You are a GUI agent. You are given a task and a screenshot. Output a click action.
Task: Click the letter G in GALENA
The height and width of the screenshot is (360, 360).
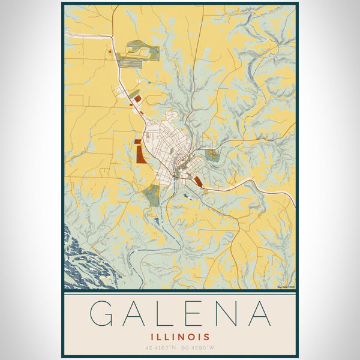[105, 313]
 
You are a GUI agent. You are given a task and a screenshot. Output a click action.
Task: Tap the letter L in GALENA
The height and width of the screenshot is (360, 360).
[166, 313]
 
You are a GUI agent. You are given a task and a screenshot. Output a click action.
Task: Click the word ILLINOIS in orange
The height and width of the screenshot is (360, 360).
[180, 337]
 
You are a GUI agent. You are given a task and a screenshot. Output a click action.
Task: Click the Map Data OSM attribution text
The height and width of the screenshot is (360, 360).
[286, 287]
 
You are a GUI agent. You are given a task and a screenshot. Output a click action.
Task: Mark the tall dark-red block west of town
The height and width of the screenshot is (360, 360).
[140, 152]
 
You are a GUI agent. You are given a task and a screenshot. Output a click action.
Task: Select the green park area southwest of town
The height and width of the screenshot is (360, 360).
[152, 195]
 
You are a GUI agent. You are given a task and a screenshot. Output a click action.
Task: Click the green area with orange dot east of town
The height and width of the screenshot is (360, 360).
[211, 155]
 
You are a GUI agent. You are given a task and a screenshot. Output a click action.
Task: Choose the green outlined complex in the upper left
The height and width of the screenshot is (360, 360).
[132, 54]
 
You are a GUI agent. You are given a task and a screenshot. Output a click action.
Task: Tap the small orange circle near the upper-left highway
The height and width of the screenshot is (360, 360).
[110, 53]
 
